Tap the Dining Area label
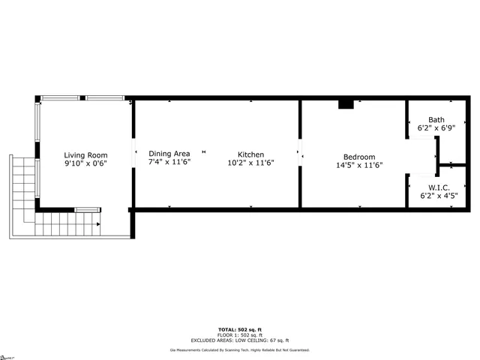click(x=169, y=154)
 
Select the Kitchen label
click(x=250, y=154)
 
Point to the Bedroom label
click(x=358, y=157)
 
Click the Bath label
click(x=436, y=120)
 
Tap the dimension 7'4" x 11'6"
click(x=169, y=162)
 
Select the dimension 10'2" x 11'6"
click(x=250, y=163)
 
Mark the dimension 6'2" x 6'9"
click(x=436, y=128)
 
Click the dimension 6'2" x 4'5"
click(x=436, y=196)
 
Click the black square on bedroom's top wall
click(x=346, y=104)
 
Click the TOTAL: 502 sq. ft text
click(x=239, y=329)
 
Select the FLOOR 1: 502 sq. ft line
click(x=239, y=334)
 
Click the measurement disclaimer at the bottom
click(x=239, y=349)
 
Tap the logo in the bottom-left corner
click(x=7, y=355)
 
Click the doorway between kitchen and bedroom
click(x=300, y=155)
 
